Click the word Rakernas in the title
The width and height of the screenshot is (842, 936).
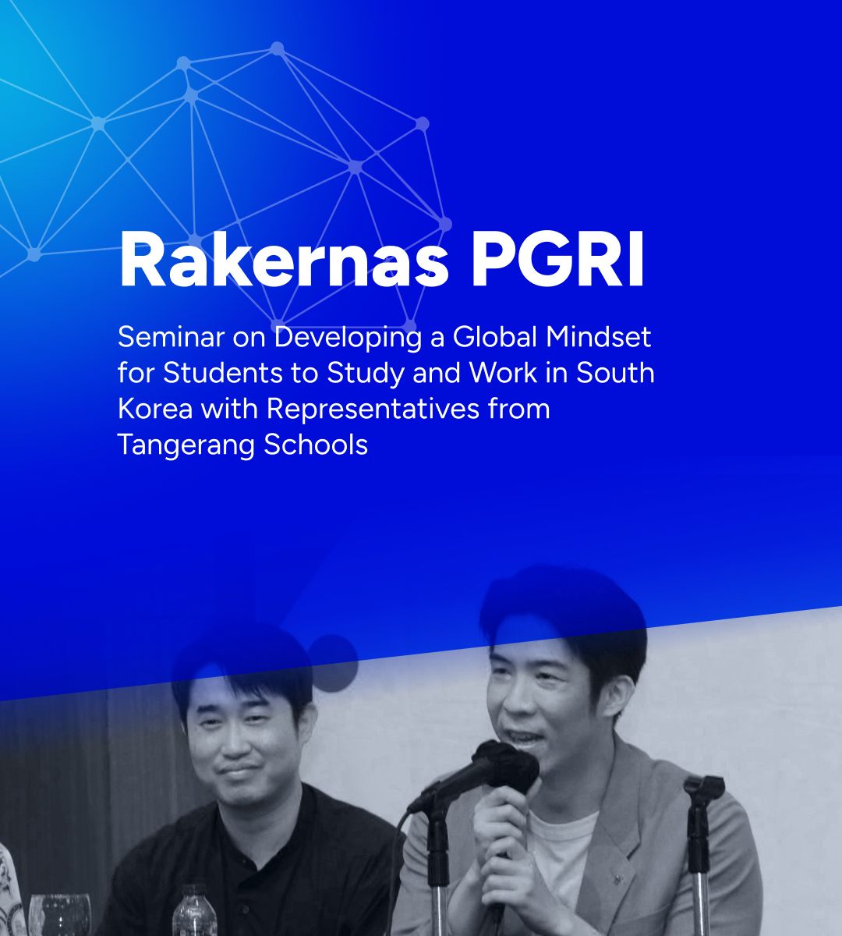click(x=284, y=260)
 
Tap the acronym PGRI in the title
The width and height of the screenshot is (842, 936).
click(x=558, y=260)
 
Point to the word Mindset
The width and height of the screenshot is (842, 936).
click(x=599, y=337)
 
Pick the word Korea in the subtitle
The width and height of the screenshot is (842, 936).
click(x=155, y=409)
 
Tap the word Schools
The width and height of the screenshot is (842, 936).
click(x=316, y=445)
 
